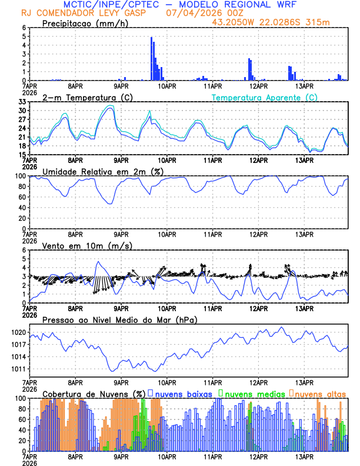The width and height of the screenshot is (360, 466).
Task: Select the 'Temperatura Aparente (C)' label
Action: point(265,97)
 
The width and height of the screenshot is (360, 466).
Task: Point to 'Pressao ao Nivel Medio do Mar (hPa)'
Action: point(119,319)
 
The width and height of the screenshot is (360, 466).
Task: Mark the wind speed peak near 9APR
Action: point(98,261)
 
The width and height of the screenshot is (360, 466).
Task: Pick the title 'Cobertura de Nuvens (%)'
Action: point(94,393)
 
